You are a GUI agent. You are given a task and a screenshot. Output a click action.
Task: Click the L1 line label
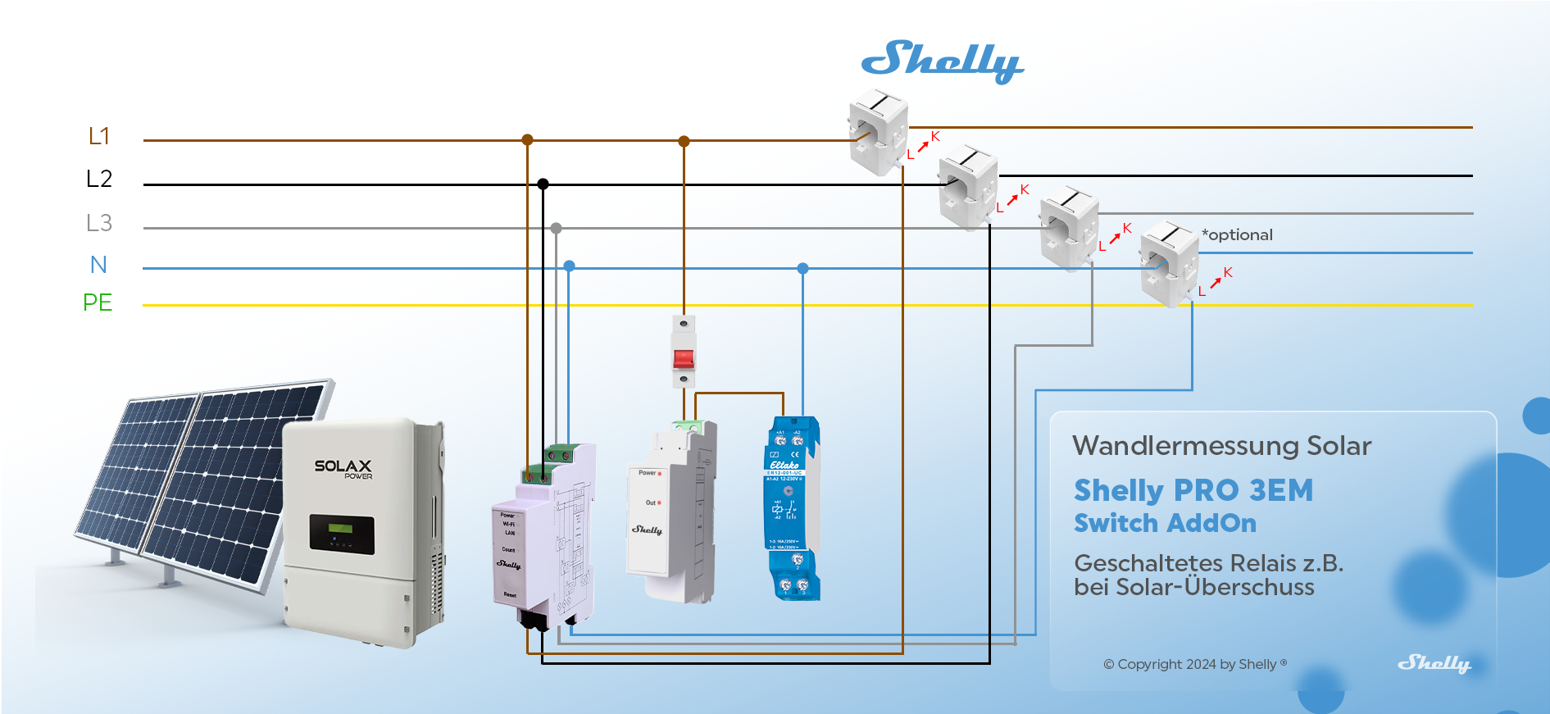pyautogui.click(x=99, y=136)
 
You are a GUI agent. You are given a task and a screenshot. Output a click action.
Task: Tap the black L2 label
pyautogui.click(x=99, y=179)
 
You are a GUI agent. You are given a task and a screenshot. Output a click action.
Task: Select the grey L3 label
pyautogui.click(x=99, y=223)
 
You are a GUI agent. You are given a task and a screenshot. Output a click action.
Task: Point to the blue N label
pyautogui.click(x=98, y=265)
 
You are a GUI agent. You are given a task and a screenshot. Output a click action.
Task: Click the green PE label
pyautogui.click(x=98, y=302)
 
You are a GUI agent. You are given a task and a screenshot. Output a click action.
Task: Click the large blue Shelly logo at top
pyautogui.click(x=942, y=61)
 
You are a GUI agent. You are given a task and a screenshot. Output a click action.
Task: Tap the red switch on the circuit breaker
pyautogui.click(x=684, y=358)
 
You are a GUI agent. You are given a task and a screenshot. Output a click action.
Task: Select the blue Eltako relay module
pyautogui.click(x=792, y=508)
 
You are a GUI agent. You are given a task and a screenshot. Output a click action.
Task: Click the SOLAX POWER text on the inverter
pyautogui.click(x=343, y=468)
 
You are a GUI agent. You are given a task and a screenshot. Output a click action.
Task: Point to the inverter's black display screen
pyautogui.click(x=342, y=534)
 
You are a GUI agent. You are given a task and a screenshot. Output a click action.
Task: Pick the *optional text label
pyautogui.click(x=1237, y=235)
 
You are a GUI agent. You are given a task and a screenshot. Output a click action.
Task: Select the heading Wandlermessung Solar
pyautogui.click(x=1221, y=446)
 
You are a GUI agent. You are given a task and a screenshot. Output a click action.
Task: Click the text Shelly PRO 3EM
pyautogui.click(x=1193, y=490)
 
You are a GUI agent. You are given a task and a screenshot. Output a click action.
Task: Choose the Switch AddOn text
pyautogui.click(x=1165, y=523)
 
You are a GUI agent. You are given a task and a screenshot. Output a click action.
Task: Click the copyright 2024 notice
pyautogui.click(x=1194, y=664)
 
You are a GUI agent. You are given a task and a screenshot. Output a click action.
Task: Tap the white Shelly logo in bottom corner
pyautogui.click(x=1434, y=663)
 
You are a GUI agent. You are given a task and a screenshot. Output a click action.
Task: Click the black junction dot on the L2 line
pyautogui.click(x=543, y=184)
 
